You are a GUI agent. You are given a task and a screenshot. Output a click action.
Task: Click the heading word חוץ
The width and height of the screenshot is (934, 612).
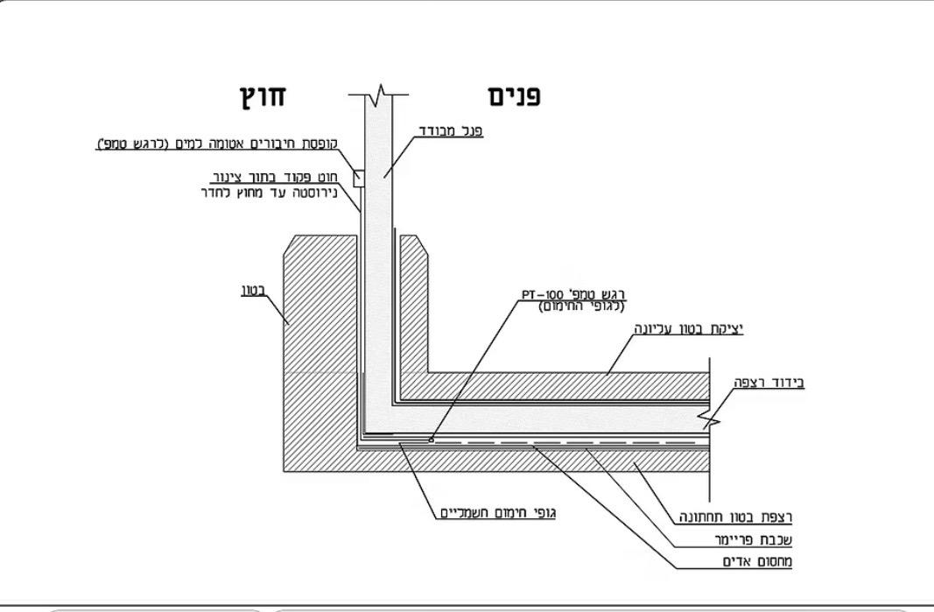(263, 95)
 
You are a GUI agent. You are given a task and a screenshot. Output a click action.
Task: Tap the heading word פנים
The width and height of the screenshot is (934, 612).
(515, 96)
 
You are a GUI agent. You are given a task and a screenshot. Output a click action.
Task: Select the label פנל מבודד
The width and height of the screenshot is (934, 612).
(451, 130)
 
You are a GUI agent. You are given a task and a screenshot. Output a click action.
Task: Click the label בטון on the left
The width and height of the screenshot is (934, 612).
(253, 291)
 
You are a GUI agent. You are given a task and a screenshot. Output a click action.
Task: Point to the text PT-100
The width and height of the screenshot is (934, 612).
(541, 294)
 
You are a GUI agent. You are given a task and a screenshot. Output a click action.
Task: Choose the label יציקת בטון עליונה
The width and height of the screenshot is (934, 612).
(689, 328)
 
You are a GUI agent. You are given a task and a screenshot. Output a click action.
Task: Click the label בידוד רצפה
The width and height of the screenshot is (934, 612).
(769, 382)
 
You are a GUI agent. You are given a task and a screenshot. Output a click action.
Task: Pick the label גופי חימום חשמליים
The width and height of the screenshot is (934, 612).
(498, 512)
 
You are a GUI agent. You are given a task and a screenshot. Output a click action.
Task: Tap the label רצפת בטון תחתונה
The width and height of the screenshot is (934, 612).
(736, 517)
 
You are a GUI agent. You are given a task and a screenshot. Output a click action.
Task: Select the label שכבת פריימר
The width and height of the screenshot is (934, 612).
(754, 540)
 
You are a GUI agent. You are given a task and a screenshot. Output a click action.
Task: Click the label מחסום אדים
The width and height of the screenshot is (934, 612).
(757, 561)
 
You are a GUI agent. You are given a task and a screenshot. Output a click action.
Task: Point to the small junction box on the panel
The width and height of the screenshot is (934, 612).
(359, 179)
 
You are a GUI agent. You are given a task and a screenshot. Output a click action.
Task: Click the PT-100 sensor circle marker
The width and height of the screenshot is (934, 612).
(432, 440)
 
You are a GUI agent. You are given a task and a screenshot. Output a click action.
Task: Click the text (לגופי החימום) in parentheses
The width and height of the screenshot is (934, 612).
(581, 307)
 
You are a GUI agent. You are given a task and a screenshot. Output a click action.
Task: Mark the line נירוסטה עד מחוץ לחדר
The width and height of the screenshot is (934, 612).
(270, 193)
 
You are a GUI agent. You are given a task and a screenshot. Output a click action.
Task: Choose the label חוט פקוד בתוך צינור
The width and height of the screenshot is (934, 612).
(275, 177)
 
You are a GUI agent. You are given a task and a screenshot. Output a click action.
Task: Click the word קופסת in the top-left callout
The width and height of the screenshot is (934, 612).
(319, 144)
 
